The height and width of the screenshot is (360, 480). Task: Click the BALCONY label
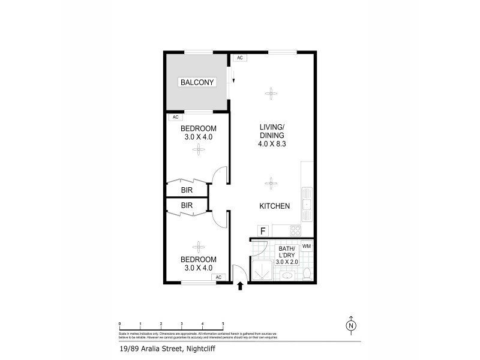tap(197, 82)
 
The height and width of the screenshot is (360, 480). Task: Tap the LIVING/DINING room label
tap(271, 131)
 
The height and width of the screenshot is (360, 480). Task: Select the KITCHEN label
tap(274, 206)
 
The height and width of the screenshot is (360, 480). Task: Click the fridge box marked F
tap(262, 230)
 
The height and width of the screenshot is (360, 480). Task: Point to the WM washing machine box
tap(307, 246)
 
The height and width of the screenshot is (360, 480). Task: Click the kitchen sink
tap(307, 205)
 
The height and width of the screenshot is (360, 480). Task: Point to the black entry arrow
tap(241, 286)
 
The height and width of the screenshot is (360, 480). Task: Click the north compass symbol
tap(351, 326)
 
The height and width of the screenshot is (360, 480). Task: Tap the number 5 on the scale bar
tap(223, 323)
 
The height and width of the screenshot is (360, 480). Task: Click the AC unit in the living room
tap(239, 58)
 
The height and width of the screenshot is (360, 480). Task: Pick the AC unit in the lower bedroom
tap(218, 277)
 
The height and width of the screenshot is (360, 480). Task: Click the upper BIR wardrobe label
tap(187, 190)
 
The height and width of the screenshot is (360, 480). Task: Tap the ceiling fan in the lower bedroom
tap(197, 247)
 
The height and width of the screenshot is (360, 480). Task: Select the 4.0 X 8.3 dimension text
tap(271, 144)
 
